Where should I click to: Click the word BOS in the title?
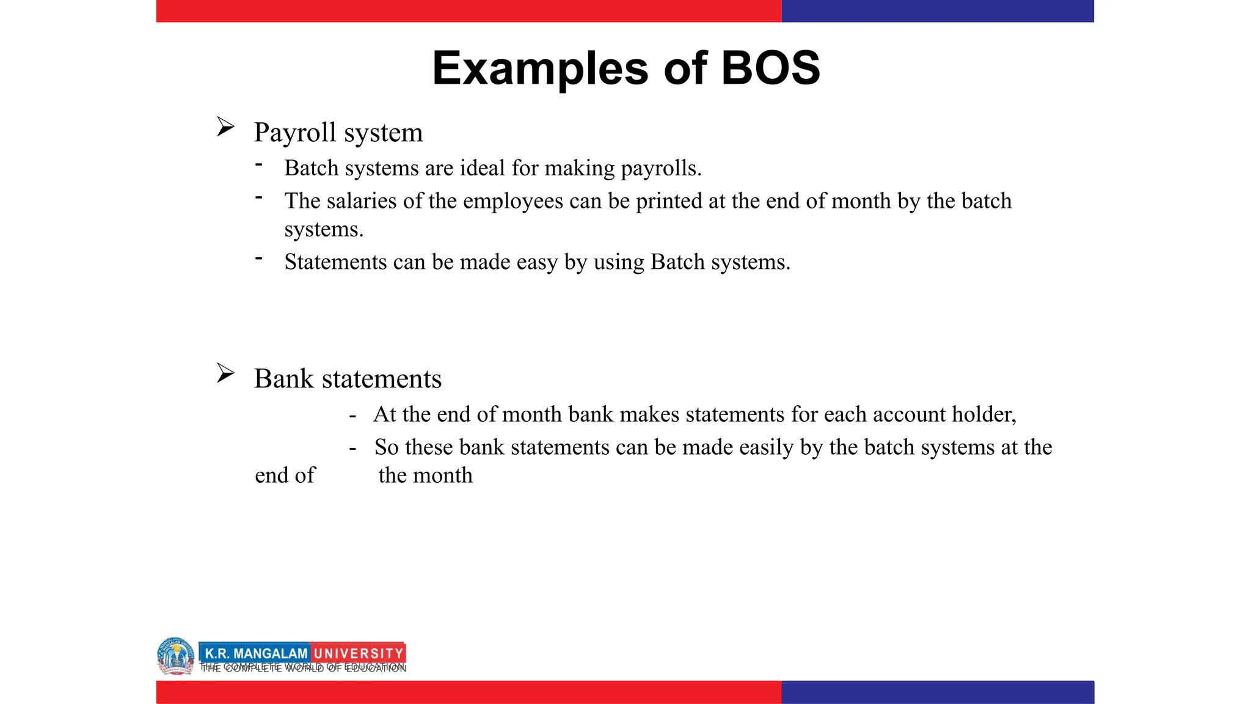pos(770,68)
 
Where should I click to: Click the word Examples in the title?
pos(540,68)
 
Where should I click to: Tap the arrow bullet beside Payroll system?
pos(225,127)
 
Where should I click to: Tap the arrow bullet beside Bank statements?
pos(225,373)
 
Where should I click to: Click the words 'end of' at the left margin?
pos(285,475)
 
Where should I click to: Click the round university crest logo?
pos(175,656)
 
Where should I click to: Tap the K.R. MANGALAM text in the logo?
pos(256,653)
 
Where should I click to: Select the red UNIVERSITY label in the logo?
pos(359,653)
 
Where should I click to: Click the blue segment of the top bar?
pos(937,11)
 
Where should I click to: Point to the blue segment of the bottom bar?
pos(937,692)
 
